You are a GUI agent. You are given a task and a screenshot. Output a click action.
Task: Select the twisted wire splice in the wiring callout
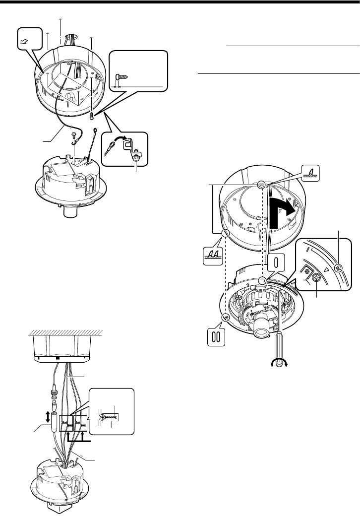pyautogui.click(x=110, y=415)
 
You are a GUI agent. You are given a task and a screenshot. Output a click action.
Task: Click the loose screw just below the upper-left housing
pyautogui.click(x=93, y=117)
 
